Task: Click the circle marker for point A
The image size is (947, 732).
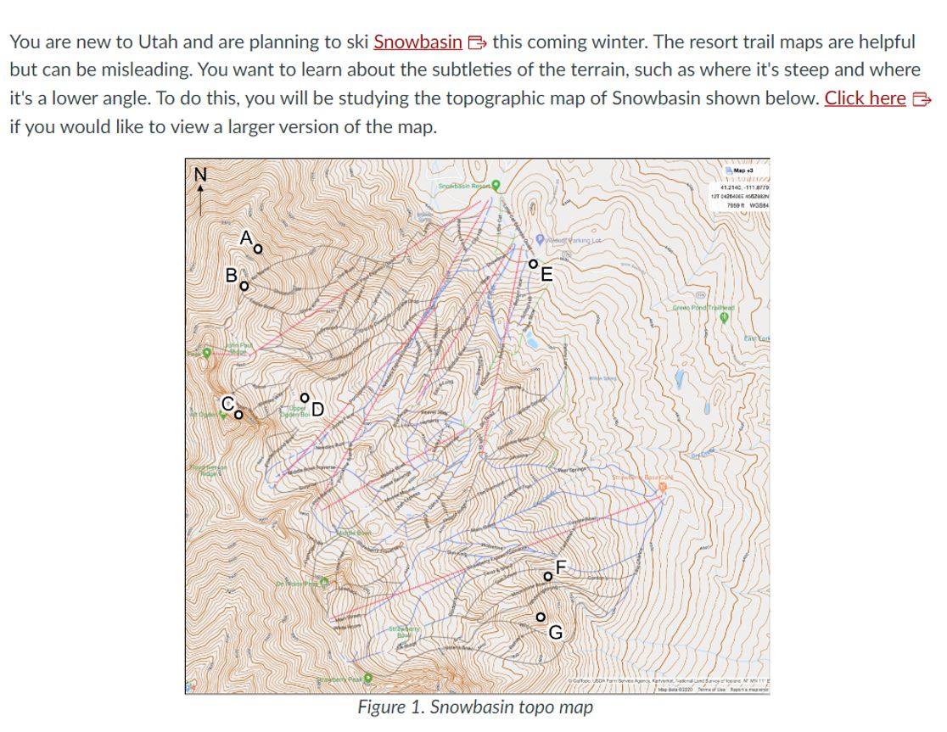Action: pyautogui.click(x=259, y=249)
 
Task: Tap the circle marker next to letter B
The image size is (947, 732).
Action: pyautogui.click(x=244, y=285)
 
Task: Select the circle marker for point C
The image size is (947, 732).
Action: pyautogui.click(x=239, y=415)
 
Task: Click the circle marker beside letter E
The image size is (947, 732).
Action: pyautogui.click(x=533, y=264)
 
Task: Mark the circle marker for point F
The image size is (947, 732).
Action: pyautogui.click(x=548, y=578)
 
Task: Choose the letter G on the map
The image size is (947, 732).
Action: pyautogui.click(x=555, y=632)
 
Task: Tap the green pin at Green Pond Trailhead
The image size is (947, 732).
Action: pyautogui.click(x=724, y=317)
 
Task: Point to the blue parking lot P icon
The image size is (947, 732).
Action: pyautogui.click(x=540, y=240)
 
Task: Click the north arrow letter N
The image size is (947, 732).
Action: pyautogui.click(x=200, y=174)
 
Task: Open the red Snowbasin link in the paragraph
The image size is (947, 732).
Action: pyautogui.click(x=417, y=42)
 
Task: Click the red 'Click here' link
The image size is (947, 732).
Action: pyautogui.click(x=865, y=98)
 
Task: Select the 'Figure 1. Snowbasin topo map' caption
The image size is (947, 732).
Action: pyautogui.click(x=474, y=707)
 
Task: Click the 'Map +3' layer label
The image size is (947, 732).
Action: pyautogui.click(x=744, y=170)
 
